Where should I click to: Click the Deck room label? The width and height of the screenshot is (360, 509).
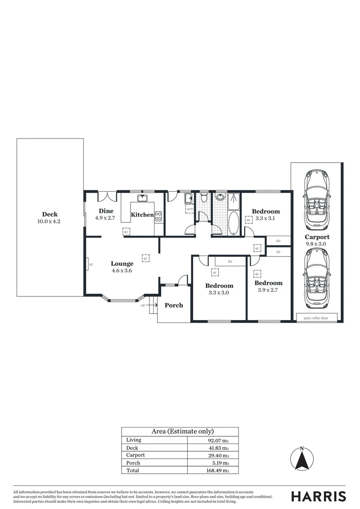49,214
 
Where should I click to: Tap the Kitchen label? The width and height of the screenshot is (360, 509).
142,215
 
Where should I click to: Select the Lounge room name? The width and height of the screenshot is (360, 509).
122,264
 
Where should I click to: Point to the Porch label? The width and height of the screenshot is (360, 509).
173,305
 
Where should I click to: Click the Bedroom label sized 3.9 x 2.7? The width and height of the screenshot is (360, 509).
269,283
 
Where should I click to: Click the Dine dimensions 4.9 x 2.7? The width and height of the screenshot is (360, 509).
105,218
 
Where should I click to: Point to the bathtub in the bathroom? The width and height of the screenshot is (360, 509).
233,223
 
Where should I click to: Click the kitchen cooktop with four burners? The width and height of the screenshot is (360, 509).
159,216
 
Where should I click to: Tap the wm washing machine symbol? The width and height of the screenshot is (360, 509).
189,209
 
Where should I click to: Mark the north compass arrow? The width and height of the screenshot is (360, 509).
302,458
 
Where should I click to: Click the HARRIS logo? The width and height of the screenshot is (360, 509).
318,496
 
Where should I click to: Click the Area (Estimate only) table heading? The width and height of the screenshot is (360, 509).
182,431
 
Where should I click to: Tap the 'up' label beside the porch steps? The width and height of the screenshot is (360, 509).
143,305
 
